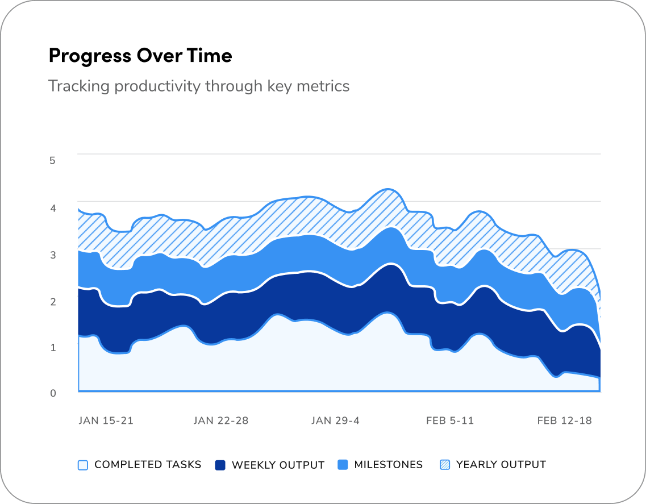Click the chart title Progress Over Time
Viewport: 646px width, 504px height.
click(140, 56)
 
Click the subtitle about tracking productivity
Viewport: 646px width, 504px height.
click(198, 86)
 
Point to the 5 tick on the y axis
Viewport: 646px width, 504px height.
click(52, 160)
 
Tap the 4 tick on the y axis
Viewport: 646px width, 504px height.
click(52, 208)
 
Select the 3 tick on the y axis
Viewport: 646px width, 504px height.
click(52, 255)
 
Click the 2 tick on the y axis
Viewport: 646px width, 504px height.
click(52, 301)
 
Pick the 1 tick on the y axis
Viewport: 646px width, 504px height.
click(52, 347)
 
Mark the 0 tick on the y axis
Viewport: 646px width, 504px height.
click(52, 393)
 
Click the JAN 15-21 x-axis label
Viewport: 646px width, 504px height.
click(106, 421)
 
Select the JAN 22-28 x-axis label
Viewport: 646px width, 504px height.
click(221, 421)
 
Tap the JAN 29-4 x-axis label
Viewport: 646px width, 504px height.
click(335, 421)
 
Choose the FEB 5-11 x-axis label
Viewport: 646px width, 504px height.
click(450, 421)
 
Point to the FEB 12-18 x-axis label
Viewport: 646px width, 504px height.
click(565, 421)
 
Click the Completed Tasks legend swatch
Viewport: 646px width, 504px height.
click(83, 465)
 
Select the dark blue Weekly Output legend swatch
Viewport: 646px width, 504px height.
click(220, 465)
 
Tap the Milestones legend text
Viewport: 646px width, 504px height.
click(388, 465)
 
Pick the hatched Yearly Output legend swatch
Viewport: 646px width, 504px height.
click(445, 465)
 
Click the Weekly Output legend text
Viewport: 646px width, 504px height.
click(278, 465)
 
